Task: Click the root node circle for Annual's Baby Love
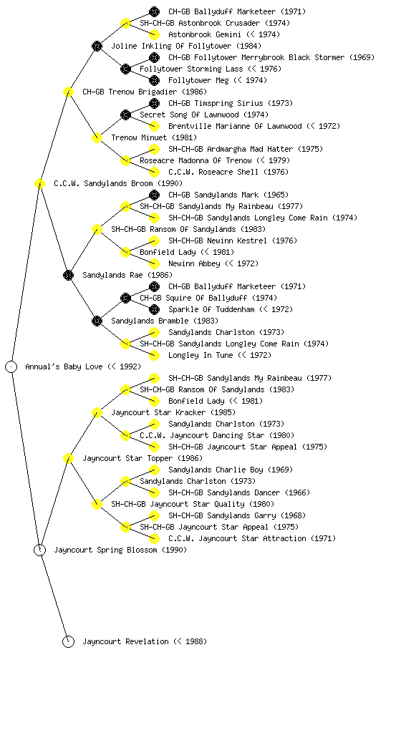pos(11,366)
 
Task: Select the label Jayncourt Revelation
pos(125,641)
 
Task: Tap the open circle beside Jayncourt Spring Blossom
pos(39,550)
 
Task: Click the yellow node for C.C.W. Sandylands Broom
pos(39,183)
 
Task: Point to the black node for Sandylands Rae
pos(68,275)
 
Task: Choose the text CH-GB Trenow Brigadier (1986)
pos(145,92)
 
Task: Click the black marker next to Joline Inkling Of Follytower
pos(97,46)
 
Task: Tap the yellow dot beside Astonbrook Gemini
pos(154,34)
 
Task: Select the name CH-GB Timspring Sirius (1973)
pos(231,103)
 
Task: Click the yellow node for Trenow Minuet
pos(97,137)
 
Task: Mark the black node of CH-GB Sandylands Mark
pos(154,195)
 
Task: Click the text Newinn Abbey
pos(194,263)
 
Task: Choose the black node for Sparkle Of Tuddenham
pos(154,309)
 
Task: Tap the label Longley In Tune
pos(200,355)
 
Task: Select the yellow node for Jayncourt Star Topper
pos(68,458)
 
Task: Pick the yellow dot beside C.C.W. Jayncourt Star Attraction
pos(154,538)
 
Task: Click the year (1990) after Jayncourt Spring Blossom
pos(174,550)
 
